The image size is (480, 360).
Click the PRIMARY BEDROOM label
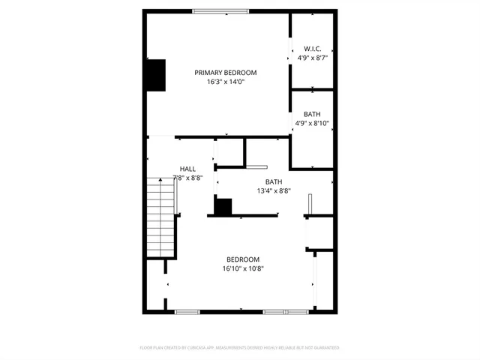click(226, 73)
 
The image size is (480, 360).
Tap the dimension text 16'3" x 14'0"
click(226, 82)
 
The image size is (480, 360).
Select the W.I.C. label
click(313, 48)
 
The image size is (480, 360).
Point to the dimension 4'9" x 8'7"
click(313, 57)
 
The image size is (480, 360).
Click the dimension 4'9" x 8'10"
click(313, 123)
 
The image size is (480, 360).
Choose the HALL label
click(187, 169)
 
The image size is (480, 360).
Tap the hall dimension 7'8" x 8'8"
click(187, 178)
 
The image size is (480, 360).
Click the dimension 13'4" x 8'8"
click(274, 191)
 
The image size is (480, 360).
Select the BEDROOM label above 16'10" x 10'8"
click(243, 259)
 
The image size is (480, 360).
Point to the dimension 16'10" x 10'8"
click(243, 268)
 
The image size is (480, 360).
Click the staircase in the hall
click(161, 217)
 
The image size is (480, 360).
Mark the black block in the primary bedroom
click(155, 75)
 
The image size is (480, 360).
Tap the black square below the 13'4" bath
click(223, 206)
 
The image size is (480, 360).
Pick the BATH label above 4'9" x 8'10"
click(312, 114)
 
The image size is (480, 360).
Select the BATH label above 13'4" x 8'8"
click(274, 182)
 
